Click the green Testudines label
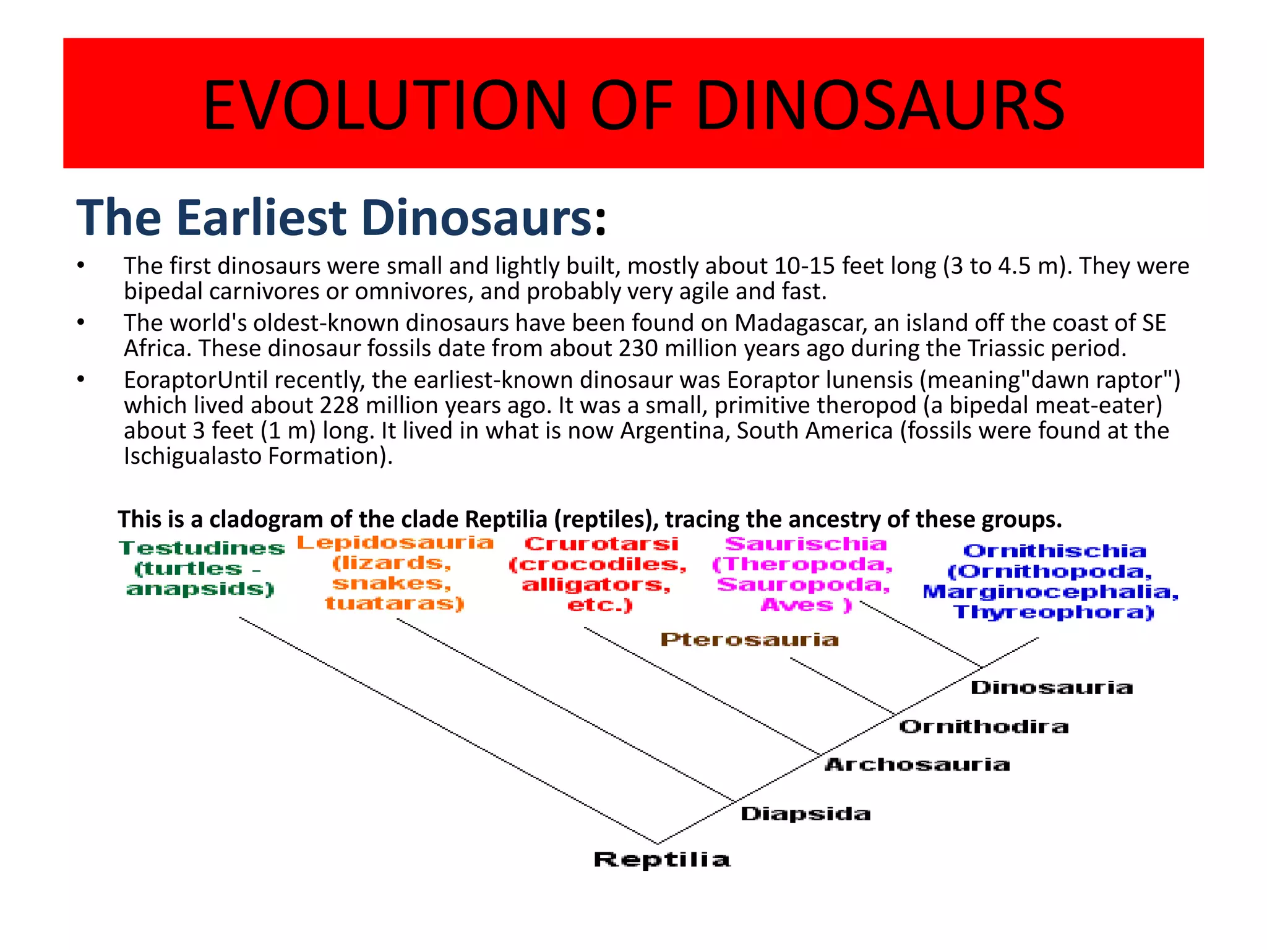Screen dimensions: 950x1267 click(x=202, y=548)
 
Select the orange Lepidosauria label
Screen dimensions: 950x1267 click(x=395, y=543)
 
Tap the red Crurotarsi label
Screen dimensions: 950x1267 click(x=601, y=544)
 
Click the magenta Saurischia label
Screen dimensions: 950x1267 click(x=805, y=544)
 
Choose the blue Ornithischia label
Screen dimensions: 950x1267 click(x=1054, y=551)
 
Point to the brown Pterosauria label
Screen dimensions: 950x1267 click(x=749, y=639)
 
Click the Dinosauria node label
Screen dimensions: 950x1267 click(x=1051, y=687)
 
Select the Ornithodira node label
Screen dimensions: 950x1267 click(x=983, y=726)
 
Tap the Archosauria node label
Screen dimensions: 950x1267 click(x=917, y=764)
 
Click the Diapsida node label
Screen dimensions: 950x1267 click(x=805, y=813)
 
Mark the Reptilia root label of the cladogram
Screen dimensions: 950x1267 click(x=661, y=859)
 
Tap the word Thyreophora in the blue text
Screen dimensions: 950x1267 click(x=1053, y=612)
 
